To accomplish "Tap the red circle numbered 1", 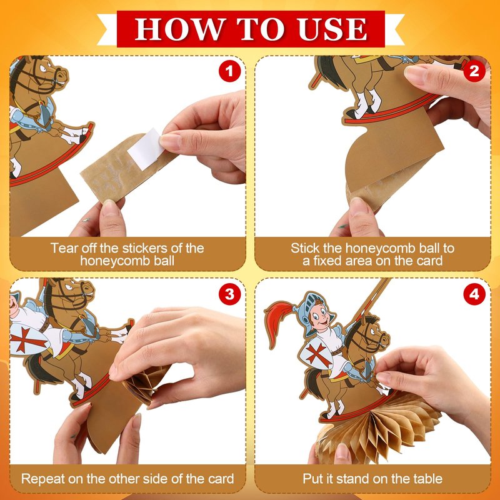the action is [229, 71].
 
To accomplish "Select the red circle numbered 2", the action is [474, 71].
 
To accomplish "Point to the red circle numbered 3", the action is [229, 294].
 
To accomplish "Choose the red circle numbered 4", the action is [474, 294].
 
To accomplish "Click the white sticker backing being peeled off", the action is [145, 149].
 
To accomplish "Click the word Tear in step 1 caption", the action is [65, 248].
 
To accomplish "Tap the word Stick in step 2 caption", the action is [305, 248].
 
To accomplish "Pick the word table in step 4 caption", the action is [427, 479].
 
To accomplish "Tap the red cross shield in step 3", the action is [29, 339].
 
